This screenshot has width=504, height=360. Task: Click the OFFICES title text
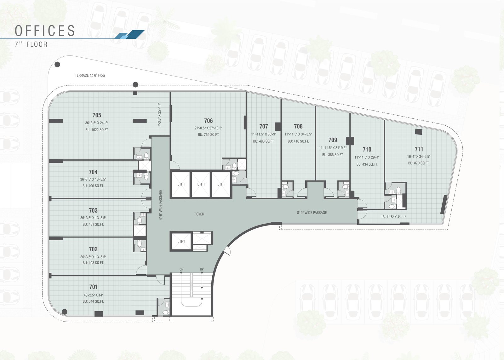click(45, 31)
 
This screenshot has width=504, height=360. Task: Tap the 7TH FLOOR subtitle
click(31, 44)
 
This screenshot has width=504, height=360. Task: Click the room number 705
click(97, 115)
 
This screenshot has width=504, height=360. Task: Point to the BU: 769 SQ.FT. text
click(208, 134)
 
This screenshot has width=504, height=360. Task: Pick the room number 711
click(419, 149)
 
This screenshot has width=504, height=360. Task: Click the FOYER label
click(199, 214)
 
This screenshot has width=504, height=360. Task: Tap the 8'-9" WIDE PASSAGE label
click(312, 213)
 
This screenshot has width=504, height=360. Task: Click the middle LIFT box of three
click(201, 184)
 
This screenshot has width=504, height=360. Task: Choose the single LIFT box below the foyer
click(181, 242)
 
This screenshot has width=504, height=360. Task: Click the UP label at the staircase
click(202, 269)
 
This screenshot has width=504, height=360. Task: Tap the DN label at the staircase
click(181, 269)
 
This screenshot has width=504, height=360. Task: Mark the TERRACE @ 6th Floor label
click(90, 75)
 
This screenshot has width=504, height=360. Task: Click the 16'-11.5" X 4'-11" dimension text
click(393, 217)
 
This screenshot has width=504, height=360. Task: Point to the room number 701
click(93, 287)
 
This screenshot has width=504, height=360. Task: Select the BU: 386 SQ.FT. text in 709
click(332, 155)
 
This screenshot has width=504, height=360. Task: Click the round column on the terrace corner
click(57, 65)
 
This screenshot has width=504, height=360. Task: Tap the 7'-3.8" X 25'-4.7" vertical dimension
click(159, 115)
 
